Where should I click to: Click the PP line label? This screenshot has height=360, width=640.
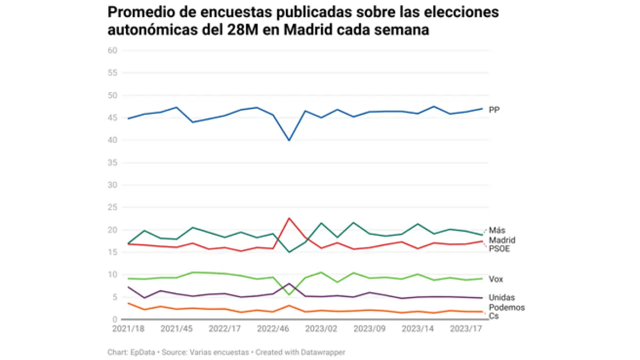click(x=494, y=110)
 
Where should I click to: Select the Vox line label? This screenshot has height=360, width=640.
click(x=496, y=279)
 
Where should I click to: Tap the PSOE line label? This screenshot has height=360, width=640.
click(x=499, y=249)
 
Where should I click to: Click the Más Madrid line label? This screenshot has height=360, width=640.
click(x=502, y=235)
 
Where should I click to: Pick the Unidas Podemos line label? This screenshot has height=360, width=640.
click(x=507, y=302)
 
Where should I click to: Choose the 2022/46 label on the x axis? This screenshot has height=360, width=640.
click(x=273, y=329)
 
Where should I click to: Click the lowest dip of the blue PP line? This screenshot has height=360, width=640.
click(x=289, y=140)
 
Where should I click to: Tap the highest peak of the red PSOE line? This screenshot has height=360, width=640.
click(x=289, y=218)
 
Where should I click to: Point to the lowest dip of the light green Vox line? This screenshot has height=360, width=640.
click(x=289, y=295)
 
